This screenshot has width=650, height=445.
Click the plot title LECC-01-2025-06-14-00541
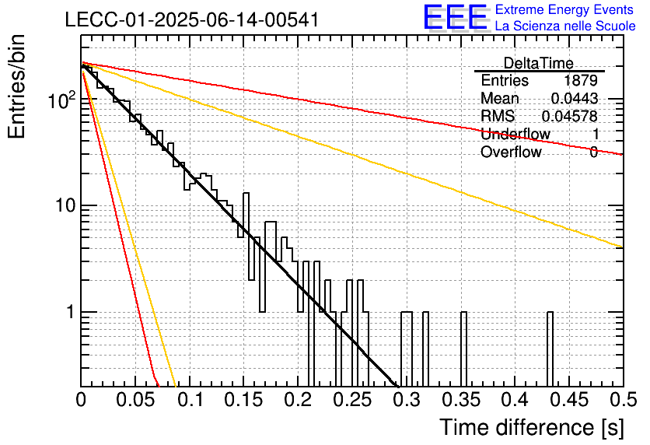click(192, 19)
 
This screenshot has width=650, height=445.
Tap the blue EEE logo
click(456, 17)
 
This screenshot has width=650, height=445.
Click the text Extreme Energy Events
click(564, 9)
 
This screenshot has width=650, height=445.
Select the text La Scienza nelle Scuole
click(565, 26)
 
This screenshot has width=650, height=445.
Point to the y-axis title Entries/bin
click(16, 86)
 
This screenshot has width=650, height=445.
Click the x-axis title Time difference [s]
click(532, 427)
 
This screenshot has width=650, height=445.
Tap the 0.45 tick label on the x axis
click(570, 400)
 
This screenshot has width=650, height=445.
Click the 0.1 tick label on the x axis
click(190, 400)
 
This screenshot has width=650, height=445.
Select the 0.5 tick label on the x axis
click(623, 400)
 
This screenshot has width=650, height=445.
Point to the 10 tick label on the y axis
click(65, 205)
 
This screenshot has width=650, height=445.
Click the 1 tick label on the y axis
click(71, 312)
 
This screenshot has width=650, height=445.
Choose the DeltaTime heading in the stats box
click(539, 63)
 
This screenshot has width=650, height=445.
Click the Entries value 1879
click(581, 80)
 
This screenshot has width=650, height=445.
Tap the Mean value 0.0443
click(575, 98)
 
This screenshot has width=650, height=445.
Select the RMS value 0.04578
click(570, 116)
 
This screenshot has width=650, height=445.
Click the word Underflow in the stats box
click(515, 134)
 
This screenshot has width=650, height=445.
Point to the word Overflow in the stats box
click(511, 152)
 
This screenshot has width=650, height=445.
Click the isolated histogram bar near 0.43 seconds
click(550, 349)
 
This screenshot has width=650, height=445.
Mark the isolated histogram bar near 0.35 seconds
click(463, 349)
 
